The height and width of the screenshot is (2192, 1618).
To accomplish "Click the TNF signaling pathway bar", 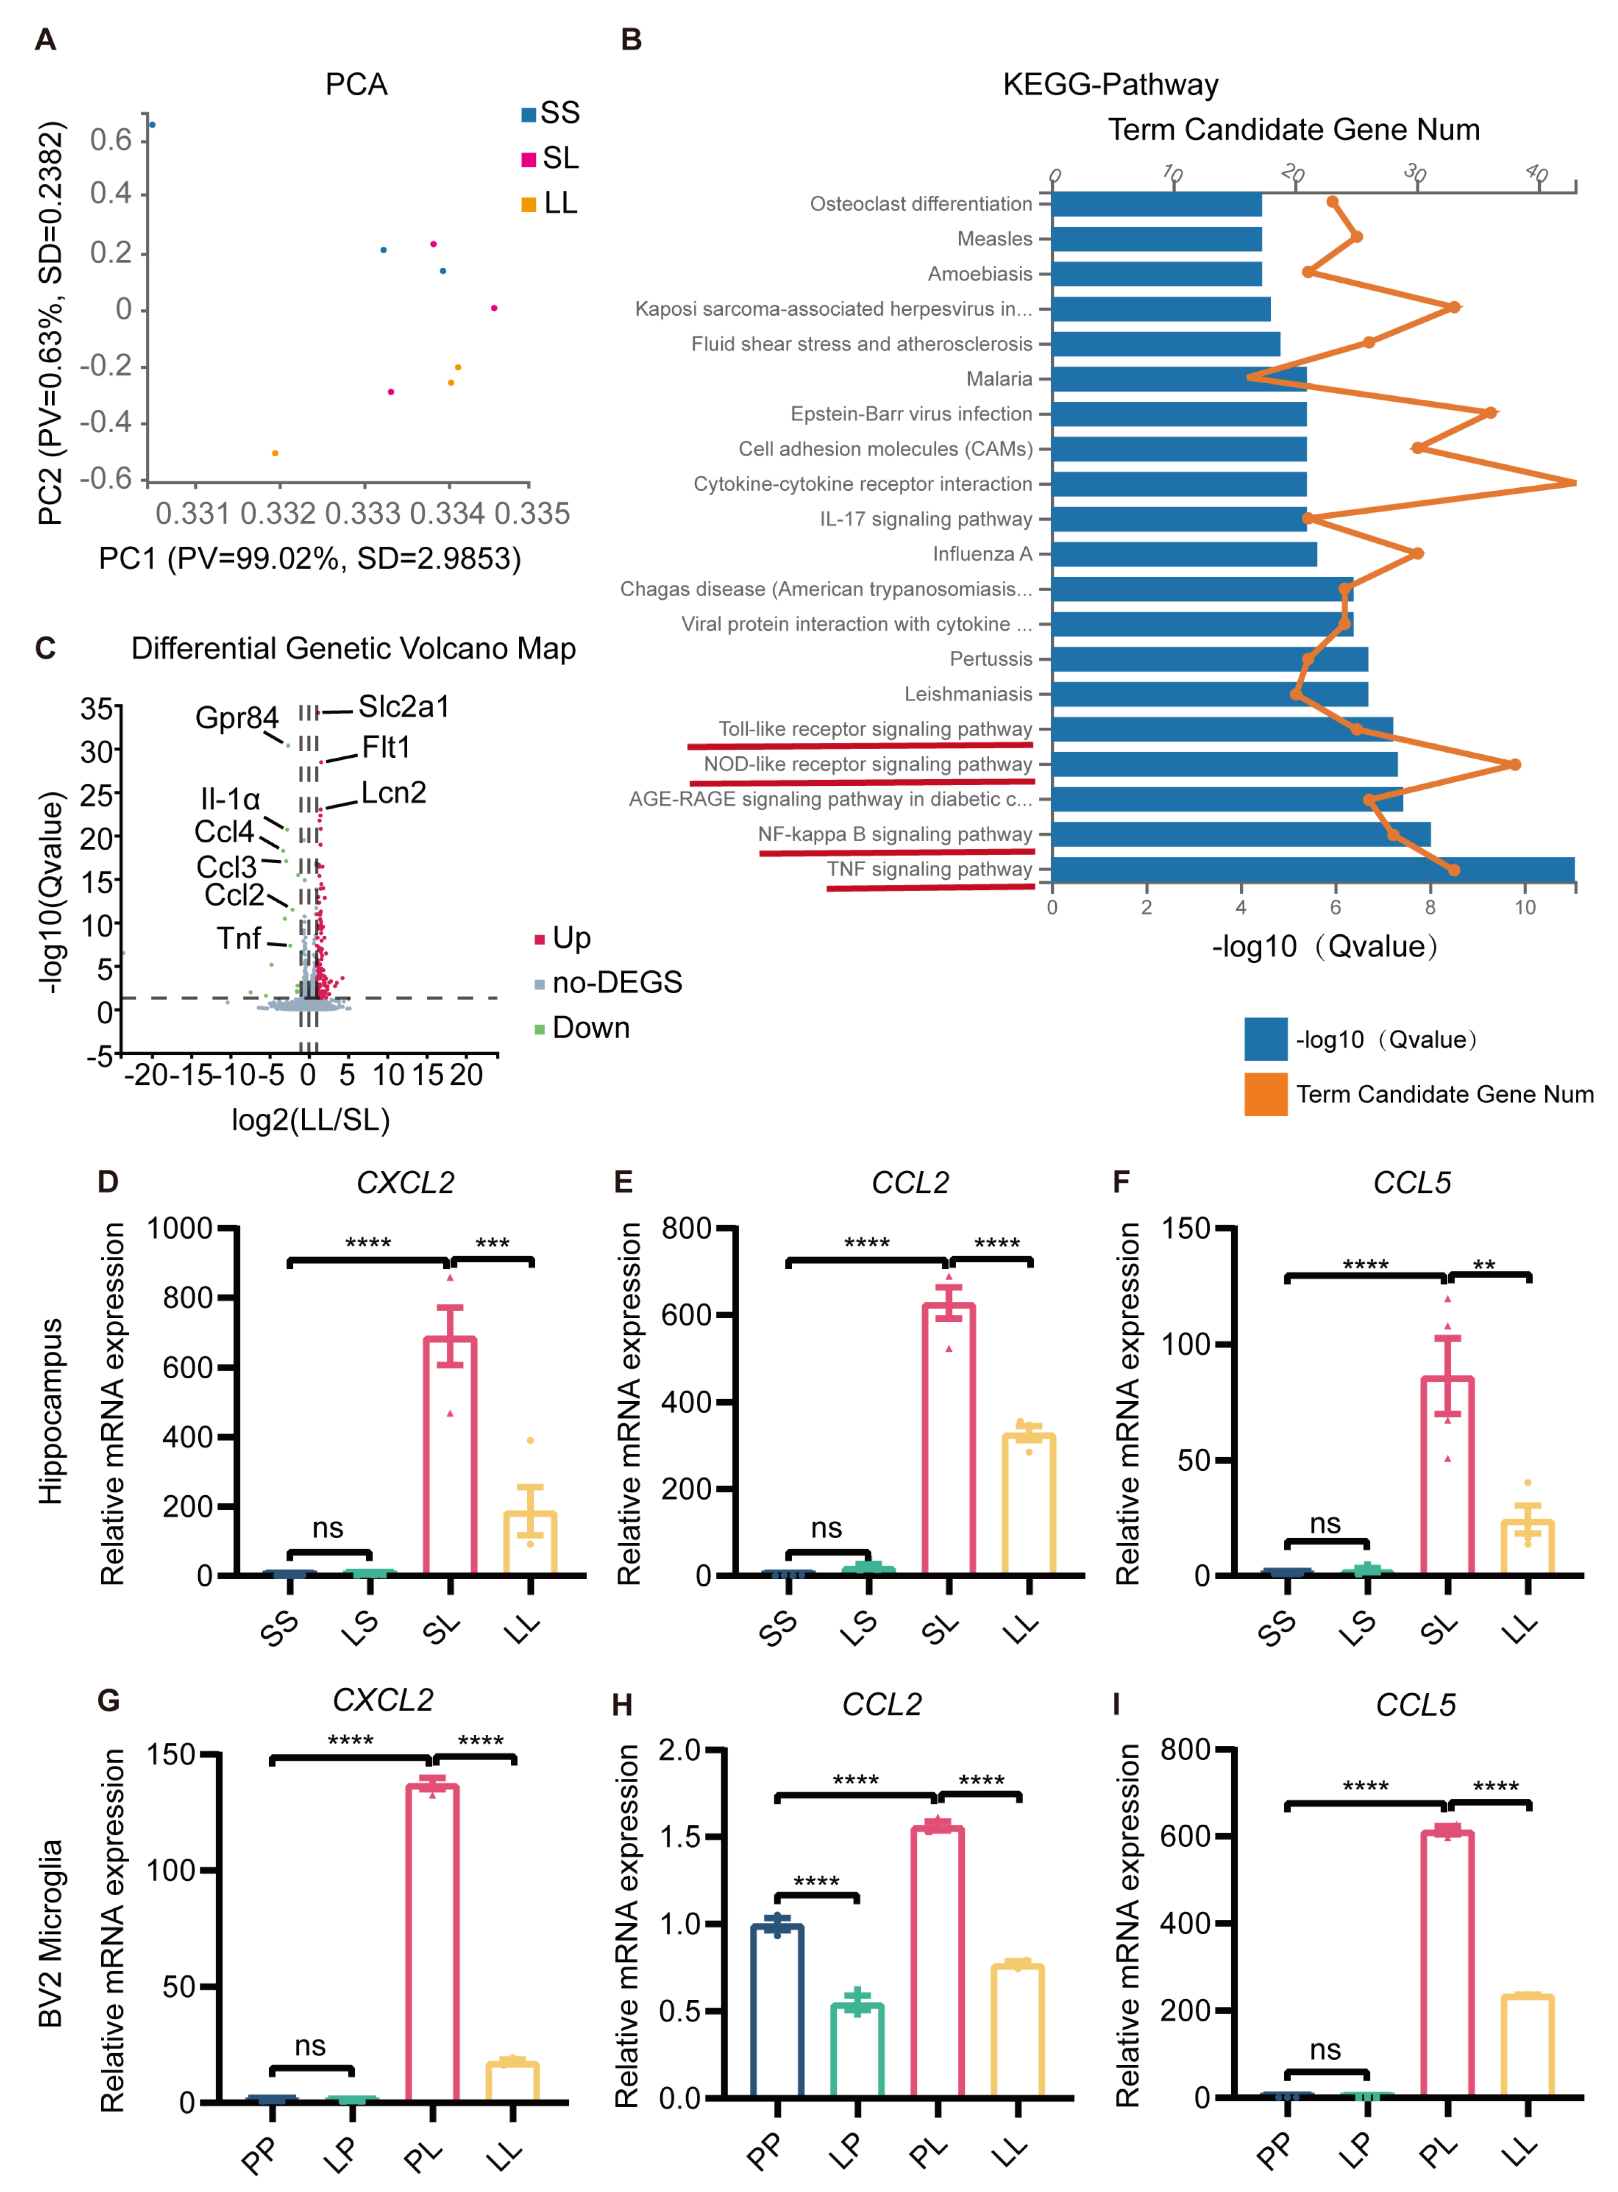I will click(1312, 869).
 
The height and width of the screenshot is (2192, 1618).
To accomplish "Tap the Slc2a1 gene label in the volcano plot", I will click(404, 706).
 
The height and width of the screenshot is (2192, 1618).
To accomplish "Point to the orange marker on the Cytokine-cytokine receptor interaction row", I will click(1573, 483).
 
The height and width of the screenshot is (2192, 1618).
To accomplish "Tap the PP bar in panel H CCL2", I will click(777, 2011).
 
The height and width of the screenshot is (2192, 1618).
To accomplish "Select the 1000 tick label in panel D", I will click(180, 1228).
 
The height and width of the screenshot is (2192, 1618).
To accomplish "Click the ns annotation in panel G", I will click(311, 2046).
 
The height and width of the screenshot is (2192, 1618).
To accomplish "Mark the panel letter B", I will click(632, 40).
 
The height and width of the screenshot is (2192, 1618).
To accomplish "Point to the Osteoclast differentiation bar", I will click(1156, 204).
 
